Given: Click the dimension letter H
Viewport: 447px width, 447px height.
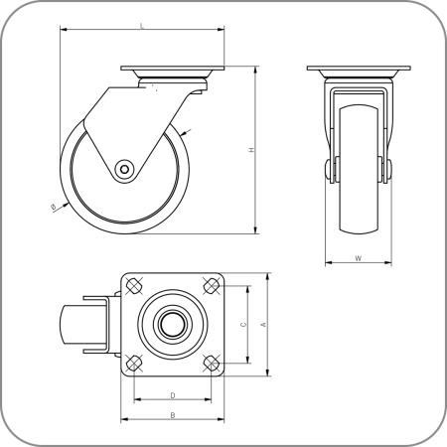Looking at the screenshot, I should tap(250, 150).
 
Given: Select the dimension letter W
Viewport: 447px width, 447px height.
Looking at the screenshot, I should tap(357, 258).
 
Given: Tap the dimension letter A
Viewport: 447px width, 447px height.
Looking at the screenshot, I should tap(261, 324).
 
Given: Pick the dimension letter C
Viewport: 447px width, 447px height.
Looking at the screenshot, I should tap(243, 324).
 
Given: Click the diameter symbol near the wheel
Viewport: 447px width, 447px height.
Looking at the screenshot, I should tap(52, 207).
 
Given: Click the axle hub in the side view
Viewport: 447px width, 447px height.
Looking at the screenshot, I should tap(123, 169).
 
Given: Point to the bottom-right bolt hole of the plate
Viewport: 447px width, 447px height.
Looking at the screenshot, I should tap(209, 362).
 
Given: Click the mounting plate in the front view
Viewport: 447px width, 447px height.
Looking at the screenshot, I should tap(357, 71).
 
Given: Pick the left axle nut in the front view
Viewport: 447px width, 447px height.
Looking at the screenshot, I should tap(327, 170).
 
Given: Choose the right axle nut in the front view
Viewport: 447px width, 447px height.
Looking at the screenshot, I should tap(387, 170).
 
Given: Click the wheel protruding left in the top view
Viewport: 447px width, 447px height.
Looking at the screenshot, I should tap(76, 325).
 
